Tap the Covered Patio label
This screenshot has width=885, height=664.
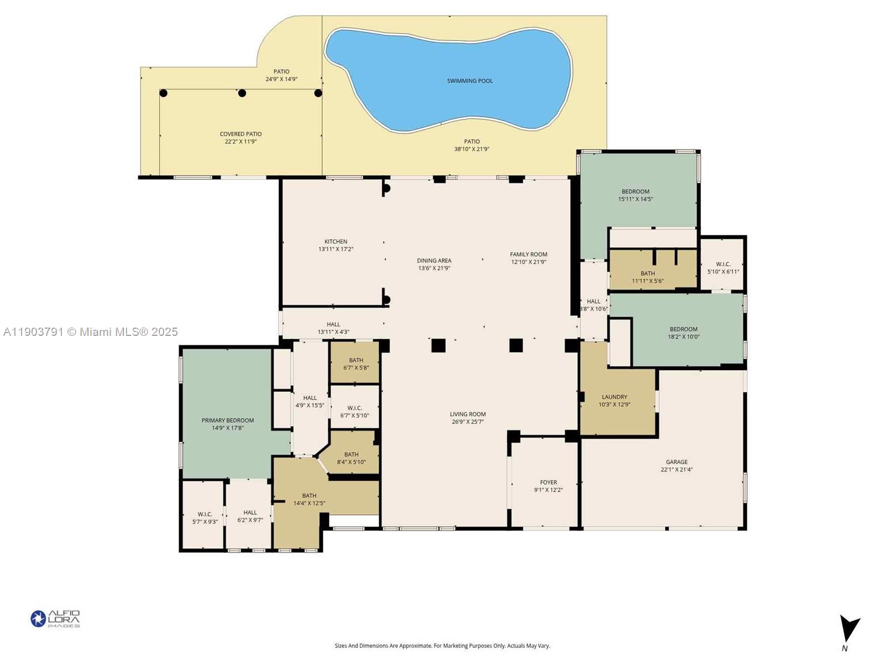pyautogui.click(x=241, y=134)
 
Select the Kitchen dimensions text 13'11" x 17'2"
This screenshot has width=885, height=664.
pyautogui.click(x=336, y=250)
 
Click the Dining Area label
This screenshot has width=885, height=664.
pyautogui.click(x=434, y=261)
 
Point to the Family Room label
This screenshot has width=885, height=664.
pyautogui.click(x=528, y=255)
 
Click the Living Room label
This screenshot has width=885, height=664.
pyautogui.click(x=467, y=414)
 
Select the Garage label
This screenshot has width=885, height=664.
pyautogui.click(x=676, y=462)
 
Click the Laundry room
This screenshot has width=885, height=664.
pyautogui.click(x=615, y=400)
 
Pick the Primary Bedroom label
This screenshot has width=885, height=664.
pyautogui.click(x=227, y=421)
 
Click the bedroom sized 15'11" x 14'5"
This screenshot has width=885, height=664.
pyautogui.click(x=636, y=195)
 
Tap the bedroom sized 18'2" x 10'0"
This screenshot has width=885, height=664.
pyautogui.click(x=684, y=333)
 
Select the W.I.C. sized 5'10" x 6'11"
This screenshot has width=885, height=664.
pyautogui.click(x=723, y=268)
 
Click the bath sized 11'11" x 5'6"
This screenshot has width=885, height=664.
pyautogui.click(x=648, y=277)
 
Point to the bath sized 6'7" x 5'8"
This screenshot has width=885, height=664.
pyautogui.click(x=356, y=364)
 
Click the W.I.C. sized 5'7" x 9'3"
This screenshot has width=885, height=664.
pyautogui.click(x=205, y=517)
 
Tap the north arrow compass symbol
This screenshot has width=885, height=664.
pyautogui.click(x=848, y=631)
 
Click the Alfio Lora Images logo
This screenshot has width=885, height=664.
pyautogui.click(x=55, y=619)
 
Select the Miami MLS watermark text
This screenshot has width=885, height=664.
pyautogui.click(x=91, y=332)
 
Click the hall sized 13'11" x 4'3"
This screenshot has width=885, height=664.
pyautogui.click(x=333, y=328)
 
